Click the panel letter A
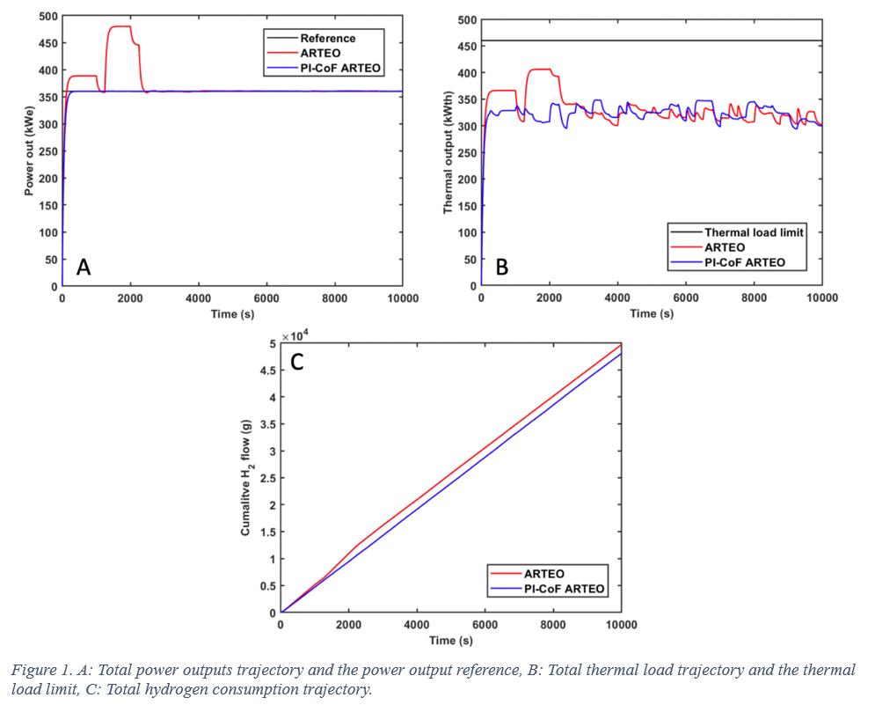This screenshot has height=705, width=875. pos(84,267)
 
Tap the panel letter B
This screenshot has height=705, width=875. pos(502,267)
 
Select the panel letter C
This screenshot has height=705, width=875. pos(297,361)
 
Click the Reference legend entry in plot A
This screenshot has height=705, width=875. pos(327,38)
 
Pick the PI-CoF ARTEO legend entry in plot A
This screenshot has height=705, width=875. pos(341,68)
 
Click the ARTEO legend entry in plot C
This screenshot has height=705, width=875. pos(543,574)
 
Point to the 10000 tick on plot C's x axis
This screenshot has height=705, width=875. pos(621,625)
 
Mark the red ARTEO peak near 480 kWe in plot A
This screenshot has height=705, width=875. pos(120,26)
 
